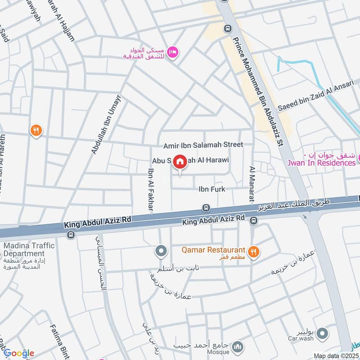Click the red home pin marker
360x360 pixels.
pyautogui.click(x=180, y=162)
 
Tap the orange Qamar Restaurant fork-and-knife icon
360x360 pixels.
pyautogui.click(x=254, y=252)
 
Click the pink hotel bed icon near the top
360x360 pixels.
pyautogui.click(x=173, y=53)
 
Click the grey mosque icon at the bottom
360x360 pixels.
pyautogui.click(x=239, y=346)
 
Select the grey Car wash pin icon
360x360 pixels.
pyautogui.click(x=322, y=333)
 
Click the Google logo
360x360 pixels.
pyautogui.click(x=18, y=353)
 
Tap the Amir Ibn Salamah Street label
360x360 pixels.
pyautogui.click(x=203, y=144)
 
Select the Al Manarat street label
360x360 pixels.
pyautogui.click(x=252, y=183)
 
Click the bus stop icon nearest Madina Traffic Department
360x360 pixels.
pyautogui.click(x=70, y=234)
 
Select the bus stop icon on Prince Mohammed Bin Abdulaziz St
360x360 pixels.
pyautogui.click(x=228, y=28)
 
